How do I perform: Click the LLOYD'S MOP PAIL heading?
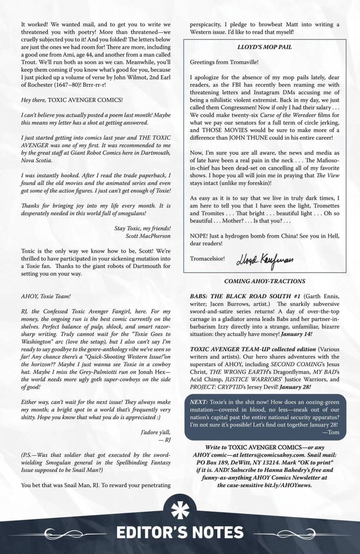(271, 47)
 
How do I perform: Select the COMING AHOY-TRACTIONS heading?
(271, 281)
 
